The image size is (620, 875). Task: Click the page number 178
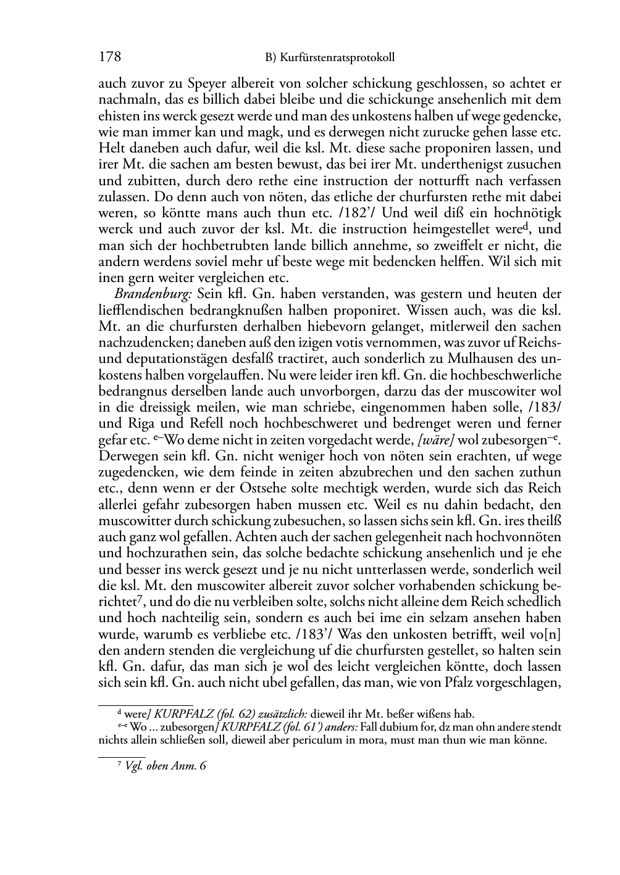coord(109,58)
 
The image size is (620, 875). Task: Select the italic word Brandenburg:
coord(144,294)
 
